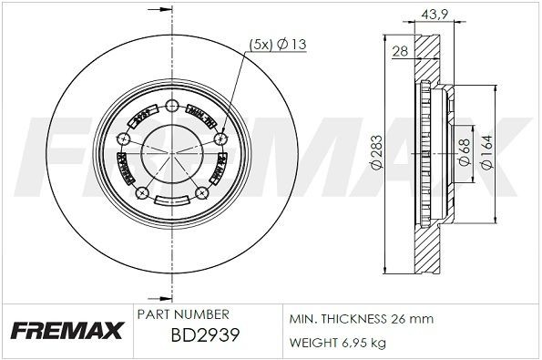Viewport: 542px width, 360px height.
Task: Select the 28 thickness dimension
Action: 399,52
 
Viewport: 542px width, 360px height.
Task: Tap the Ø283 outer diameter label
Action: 375,158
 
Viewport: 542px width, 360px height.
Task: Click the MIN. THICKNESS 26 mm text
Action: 362,319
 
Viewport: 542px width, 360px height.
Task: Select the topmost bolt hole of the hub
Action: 172,108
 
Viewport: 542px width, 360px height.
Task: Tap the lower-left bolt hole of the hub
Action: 140,192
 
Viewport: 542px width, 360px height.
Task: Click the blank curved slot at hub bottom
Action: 172,201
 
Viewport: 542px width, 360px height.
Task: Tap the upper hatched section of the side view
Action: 425,59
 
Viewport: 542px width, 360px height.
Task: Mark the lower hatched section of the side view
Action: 425,251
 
